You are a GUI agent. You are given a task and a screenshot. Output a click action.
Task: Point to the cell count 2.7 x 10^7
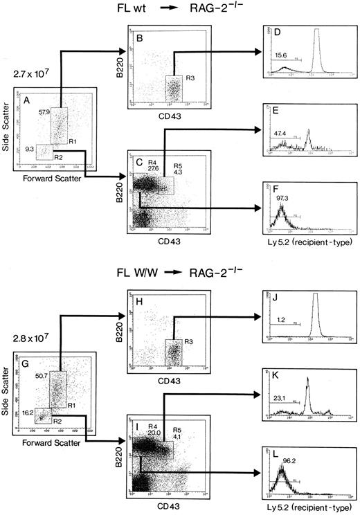coord(27,71)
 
